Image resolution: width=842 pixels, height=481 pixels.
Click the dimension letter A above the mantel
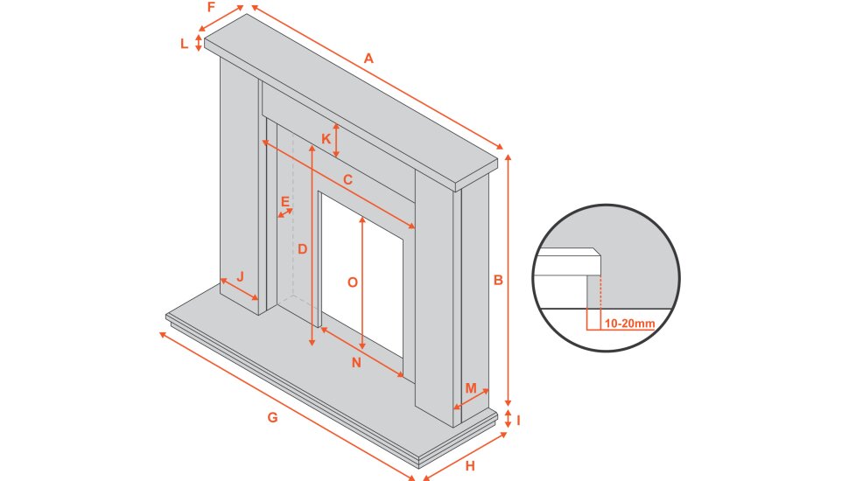point(368,59)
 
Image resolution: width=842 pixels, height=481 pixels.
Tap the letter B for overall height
point(498,281)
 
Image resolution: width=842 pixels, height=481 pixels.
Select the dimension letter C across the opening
point(347,180)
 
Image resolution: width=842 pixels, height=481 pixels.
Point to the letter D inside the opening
point(302,249)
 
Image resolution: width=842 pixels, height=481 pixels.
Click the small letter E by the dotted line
point(284,201)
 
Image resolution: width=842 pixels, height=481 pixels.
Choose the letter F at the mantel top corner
point(211,7)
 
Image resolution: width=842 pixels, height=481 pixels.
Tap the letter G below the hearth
point(272,418)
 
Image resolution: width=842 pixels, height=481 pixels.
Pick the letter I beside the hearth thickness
point(519,420)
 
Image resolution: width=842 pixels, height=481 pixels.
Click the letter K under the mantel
point(326,138)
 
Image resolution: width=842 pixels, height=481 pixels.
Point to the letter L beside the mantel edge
point(184,43)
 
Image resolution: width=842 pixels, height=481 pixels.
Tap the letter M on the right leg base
point(471,387)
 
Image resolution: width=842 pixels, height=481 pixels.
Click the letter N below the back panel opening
point(356,363)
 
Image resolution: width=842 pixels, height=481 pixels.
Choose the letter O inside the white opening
point(352,282)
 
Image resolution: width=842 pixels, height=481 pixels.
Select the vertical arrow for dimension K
point(337,140)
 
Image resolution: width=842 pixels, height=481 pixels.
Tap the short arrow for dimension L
point(200,43)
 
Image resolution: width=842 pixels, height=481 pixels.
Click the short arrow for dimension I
point(508,419)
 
